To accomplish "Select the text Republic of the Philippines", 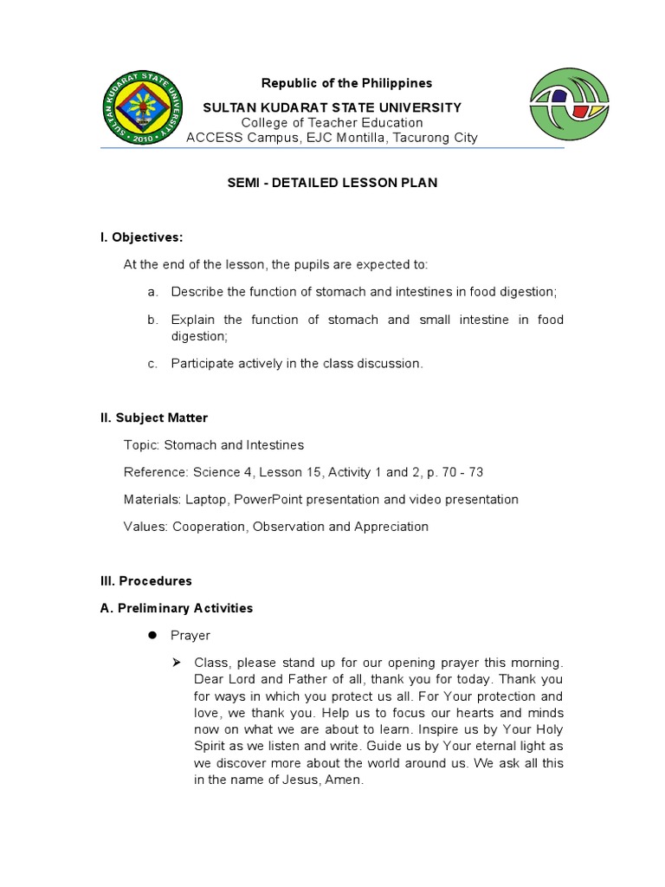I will (334, 83).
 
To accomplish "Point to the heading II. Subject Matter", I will (154, 418).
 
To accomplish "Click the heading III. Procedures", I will (146, 580).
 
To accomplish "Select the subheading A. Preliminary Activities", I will (177, 608).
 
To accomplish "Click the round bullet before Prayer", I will (151, 635).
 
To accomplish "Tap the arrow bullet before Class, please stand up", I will (177, 663).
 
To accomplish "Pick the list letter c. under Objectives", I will (152, 364).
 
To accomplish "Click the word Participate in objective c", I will (200, 364).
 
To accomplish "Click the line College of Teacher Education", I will (332, 123).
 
